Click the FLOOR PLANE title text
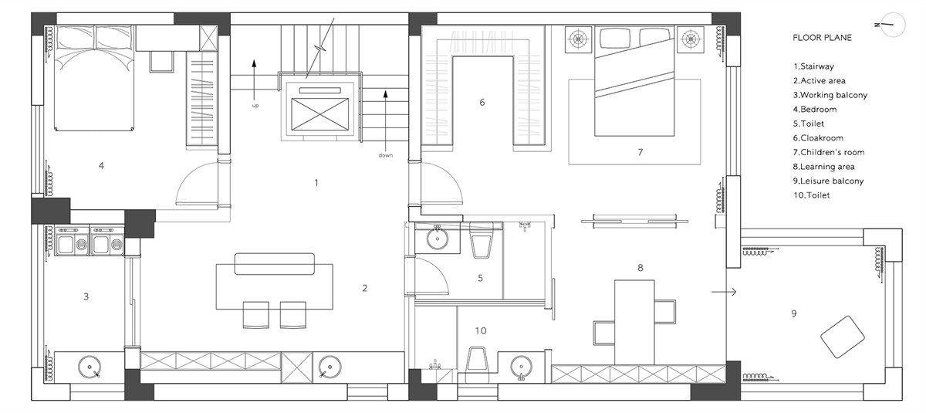823,38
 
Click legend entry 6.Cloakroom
818,138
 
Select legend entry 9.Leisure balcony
829,181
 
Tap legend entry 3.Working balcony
830,95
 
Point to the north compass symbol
893,25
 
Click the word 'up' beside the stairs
255,106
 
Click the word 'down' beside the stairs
385,155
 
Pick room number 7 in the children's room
640,152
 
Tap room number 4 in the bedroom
101,166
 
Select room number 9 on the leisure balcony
794,313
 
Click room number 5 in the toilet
480,278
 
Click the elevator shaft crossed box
320,114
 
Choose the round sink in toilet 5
438,238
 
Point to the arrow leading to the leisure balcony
724,292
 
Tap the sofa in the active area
275,264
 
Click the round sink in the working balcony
90,367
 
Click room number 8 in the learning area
640,268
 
